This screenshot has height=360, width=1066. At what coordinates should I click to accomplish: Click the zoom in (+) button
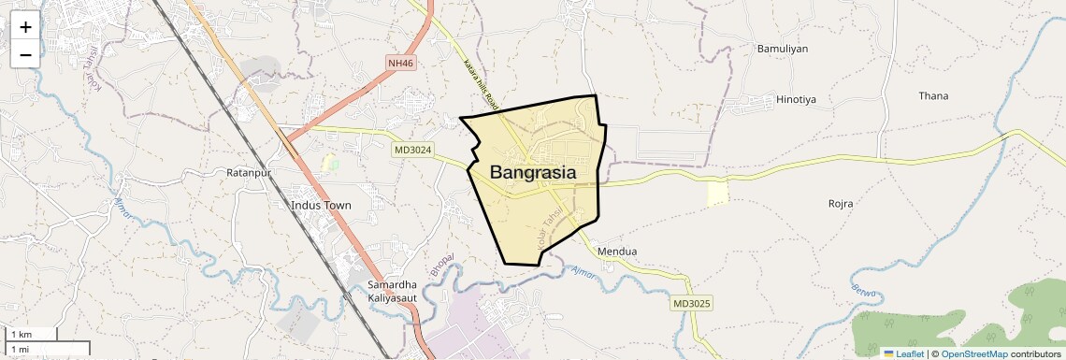click(25, 27)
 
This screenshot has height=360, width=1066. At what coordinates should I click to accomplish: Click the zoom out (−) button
click(25, 54)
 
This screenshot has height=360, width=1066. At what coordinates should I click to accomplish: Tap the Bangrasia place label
click(532, 173)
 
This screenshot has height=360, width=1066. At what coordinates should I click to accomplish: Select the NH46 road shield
click(400, 63)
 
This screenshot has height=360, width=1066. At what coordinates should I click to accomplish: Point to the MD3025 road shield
click(691, 304)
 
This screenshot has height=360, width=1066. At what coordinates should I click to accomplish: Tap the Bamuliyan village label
click(782, 49)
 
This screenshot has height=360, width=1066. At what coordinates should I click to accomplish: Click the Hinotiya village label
click(797, 98)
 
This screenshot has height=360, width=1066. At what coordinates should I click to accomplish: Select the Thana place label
click(933, 95)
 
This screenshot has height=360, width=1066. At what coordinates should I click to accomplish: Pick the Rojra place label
click(842, 203)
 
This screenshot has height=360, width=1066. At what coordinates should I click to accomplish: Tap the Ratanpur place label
click(248, 173)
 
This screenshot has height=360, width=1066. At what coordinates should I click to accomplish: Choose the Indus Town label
click(321, 205)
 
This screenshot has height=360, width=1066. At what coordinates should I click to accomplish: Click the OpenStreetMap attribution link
click(974, 353)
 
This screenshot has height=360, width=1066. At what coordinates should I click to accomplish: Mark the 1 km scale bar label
click(22, 335)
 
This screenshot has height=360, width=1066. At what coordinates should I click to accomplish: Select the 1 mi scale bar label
click(20, 350)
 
